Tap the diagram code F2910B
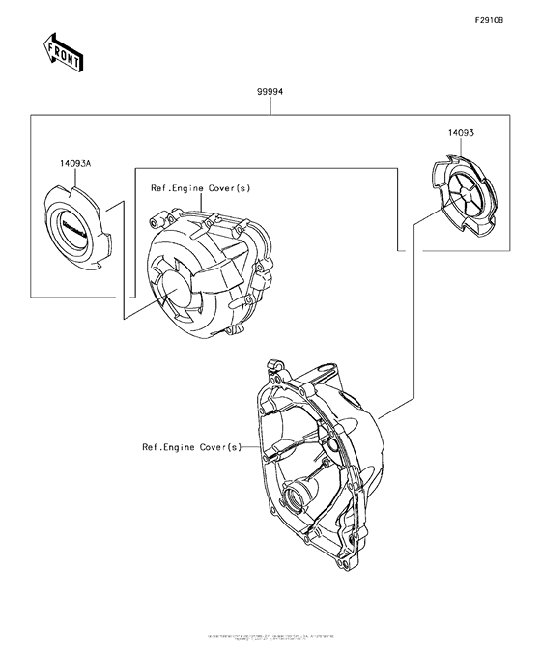coord(489,20)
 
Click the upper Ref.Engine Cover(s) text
coord(200,189)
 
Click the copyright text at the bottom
coord(270,638)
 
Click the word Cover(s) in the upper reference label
coord(229,189)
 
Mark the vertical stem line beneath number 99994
coord(270,105)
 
